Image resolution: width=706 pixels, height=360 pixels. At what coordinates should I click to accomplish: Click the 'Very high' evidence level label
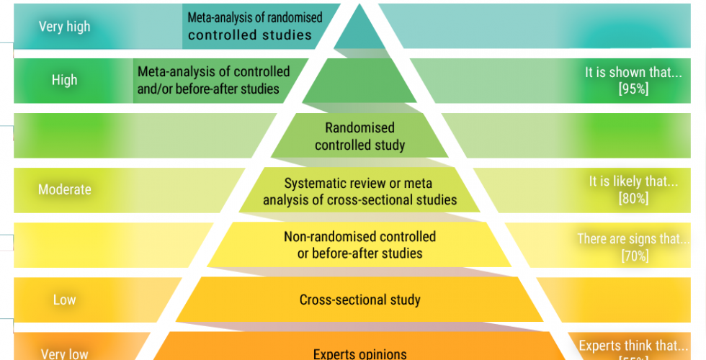pos(64,27)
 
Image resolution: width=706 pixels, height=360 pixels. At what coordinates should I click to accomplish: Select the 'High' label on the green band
pos(64,80)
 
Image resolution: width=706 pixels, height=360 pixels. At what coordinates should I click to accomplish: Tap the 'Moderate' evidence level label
pos(64,189)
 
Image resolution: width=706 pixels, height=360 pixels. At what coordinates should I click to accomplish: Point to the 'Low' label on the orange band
pos(64,300)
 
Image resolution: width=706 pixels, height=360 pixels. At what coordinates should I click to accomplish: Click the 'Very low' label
pos(64,354)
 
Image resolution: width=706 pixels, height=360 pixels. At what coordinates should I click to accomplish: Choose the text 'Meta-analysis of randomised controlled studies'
pos(254,26)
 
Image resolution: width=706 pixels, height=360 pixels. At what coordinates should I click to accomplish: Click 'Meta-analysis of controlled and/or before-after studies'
pos(213,80)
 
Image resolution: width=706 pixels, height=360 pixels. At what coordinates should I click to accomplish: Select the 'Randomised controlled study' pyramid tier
pos(359,136)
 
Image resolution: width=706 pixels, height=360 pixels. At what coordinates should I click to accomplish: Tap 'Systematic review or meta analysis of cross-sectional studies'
pos(359,191)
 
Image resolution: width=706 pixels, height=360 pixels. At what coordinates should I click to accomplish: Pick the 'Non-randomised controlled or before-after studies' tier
pos(359,245)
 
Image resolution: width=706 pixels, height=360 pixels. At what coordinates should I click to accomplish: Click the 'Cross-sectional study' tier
pos(359,300)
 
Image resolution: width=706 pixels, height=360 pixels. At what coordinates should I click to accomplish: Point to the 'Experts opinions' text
pos(359,354)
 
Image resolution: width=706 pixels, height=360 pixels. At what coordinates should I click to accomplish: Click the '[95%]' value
pos(633,89)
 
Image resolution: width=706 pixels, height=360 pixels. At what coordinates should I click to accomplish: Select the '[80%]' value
pos(633,199)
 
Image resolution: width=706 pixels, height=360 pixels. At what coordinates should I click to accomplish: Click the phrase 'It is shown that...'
pos(633,73)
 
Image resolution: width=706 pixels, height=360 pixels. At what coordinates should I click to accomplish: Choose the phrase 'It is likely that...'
pos(633,182)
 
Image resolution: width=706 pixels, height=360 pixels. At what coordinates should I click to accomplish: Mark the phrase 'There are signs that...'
pos(633,238)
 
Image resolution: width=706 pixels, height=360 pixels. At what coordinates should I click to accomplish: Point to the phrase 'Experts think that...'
pos(633,346)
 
